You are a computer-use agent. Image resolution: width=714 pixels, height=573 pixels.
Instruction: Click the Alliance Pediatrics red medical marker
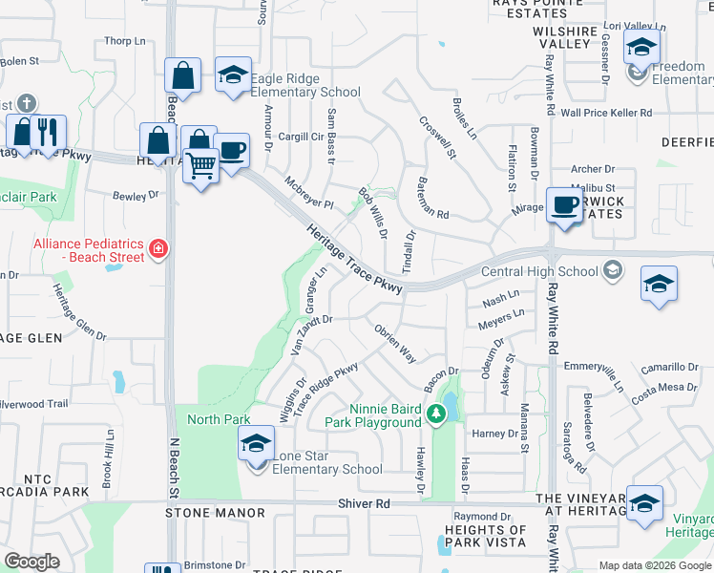pyautogui.click(x=157, y=251)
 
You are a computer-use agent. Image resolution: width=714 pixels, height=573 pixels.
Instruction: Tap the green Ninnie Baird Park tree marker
pyautogui.click(x=436, y=414)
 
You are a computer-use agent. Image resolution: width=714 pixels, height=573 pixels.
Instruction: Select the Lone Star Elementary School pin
pyautogui.click(x=256, y=446)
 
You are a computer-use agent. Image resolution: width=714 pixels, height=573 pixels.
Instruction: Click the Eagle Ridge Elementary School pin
pyautogui.click(x=232, y=77)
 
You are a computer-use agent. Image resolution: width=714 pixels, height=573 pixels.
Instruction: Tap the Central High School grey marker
pyautogui.click(x=612, y=271)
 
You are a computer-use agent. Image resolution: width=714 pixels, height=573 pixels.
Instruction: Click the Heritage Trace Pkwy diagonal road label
pyautogui.click(x=355, y=259)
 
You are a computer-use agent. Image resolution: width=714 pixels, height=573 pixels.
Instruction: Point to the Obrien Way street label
pyautogui.click(x=393, y=342)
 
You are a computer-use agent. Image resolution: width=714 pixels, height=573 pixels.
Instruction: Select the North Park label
pyautogui.click(x=219, y=419)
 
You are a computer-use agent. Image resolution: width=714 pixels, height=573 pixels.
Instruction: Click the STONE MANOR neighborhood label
pyautogui.click(x=215, y=513)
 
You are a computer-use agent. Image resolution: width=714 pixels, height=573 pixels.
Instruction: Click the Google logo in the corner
pyautogui.click(x=31, y=562)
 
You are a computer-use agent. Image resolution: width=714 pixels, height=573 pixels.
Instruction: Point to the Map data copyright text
pyautogui.click(x=655, y=565)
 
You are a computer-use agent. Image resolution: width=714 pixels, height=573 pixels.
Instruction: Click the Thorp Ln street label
pyautogui.click(x=125, y=41)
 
